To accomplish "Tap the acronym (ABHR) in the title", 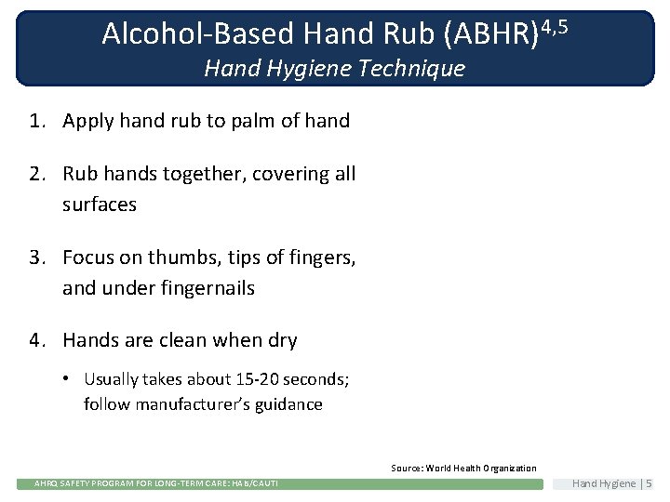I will click(x=491, y=33).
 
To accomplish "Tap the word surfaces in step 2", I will click(x=100, y=205).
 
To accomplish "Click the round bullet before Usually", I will click(x=70, y=379).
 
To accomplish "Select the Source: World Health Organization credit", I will click(x=463, y=469).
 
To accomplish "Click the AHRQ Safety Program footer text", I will click(x=156, y=483).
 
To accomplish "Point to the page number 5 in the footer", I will click(x=649, y=483).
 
